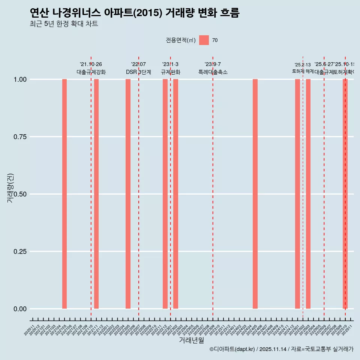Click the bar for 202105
point(64,194)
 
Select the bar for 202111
point(96,194)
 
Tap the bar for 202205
point(128,194)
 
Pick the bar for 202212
point(165,194)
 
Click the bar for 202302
point(175,194)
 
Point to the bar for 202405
point(255,194)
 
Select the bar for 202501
point(297,194)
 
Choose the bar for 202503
point(308,194)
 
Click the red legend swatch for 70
point(204,40)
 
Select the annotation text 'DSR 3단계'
point(138,72)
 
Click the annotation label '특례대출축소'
point(213,72)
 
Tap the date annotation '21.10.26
point(91,64)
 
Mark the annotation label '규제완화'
point(170,72)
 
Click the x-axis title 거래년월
point(191,340)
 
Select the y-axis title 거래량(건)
point(10,188)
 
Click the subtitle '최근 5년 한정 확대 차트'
point(64,24)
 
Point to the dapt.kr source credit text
point(281,349)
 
